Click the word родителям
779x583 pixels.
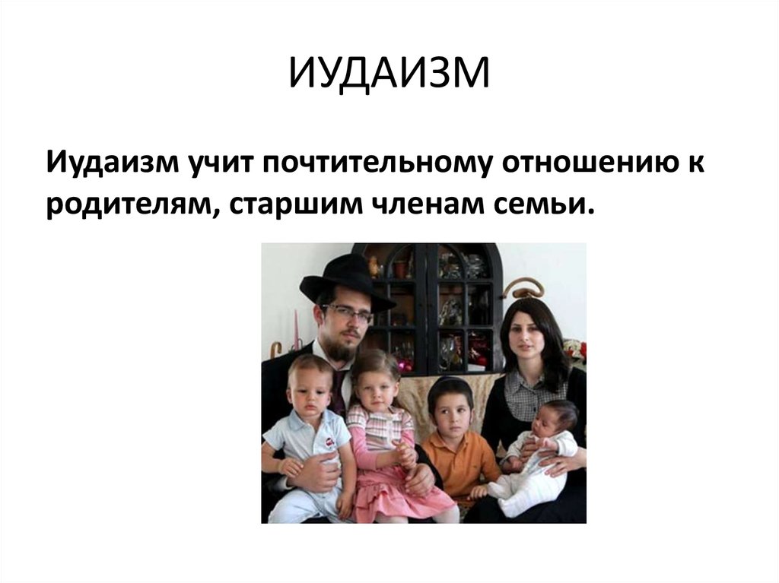(x=129, y=206)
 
